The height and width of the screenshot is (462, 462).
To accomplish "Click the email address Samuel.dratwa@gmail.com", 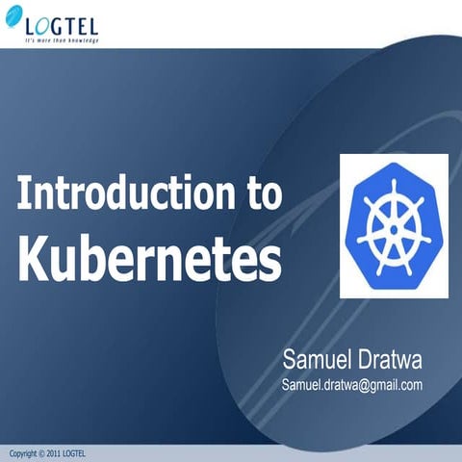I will pos(352,385).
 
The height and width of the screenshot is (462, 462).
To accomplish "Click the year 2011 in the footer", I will pos(53,453).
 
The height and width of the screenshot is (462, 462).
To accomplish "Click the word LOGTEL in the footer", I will pos(75,453).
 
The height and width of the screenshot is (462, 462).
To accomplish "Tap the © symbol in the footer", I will pos(41,453).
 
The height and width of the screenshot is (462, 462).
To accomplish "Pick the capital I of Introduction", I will pos(22,193).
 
